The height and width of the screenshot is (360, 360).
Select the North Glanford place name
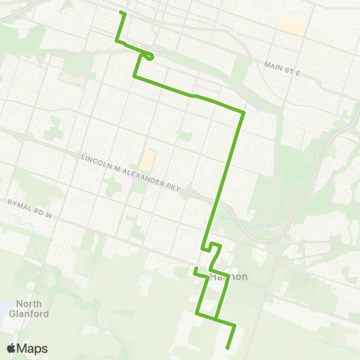[31, 309]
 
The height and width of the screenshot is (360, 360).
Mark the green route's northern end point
[122, 13]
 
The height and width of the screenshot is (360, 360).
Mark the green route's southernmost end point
[226, 346]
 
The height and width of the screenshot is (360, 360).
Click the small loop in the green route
[151, 55]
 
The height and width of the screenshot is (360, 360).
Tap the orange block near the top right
[292, 26]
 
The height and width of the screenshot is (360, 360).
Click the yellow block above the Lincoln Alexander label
[146, 160]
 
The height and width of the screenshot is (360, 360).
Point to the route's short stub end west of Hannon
[195, 268]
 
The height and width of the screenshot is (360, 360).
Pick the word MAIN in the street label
[273, 66]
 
